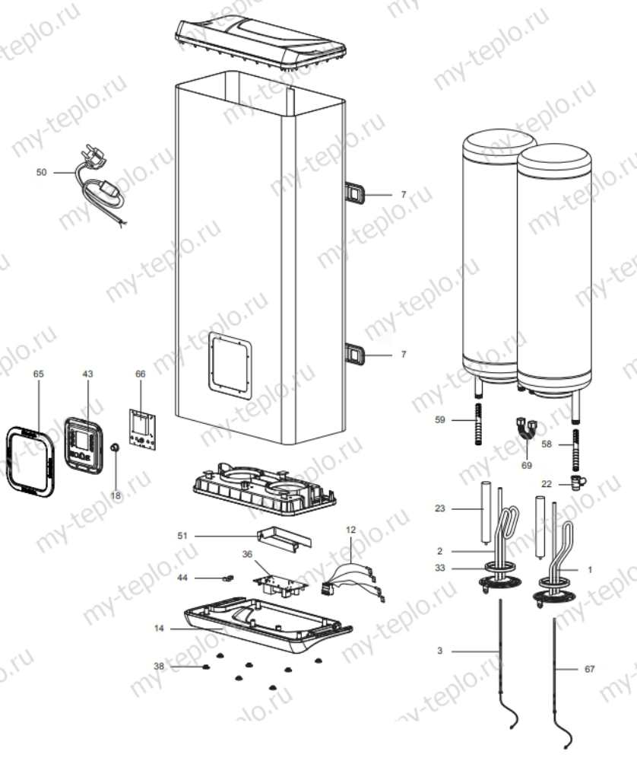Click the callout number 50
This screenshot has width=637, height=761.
tap(41, 173)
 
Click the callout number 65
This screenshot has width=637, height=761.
tap(39, 374)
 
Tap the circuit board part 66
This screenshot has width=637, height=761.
tap(141, 426)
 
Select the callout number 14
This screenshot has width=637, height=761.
tap(158, 629)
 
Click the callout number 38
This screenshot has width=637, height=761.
tap(158, 666)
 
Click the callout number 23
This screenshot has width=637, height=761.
tap(439, 509)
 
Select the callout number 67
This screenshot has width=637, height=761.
tap(591, 669)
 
